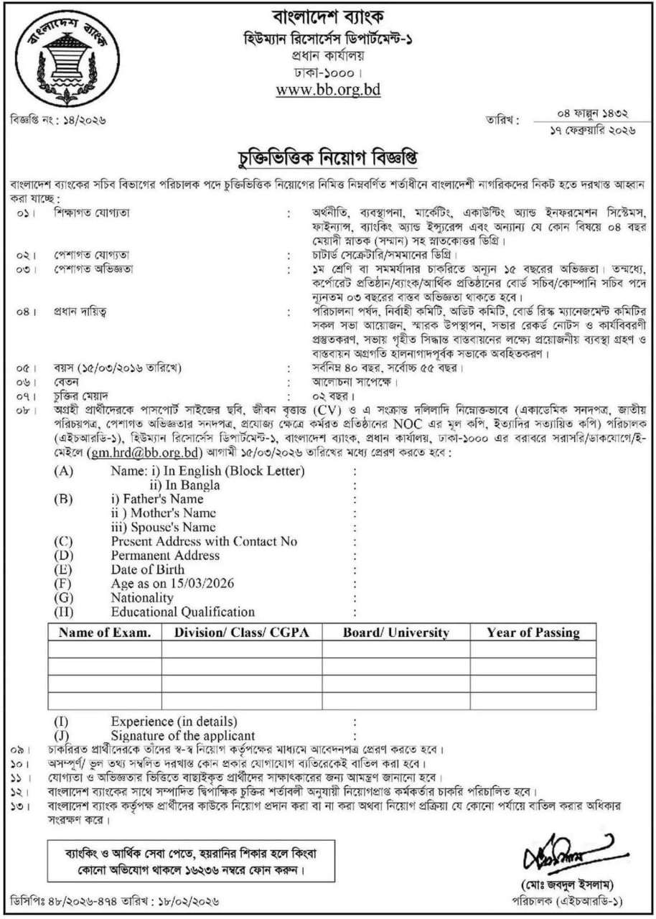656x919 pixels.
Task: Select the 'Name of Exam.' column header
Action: tap(105, 633)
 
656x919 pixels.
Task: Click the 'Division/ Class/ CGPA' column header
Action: tap(241, 633)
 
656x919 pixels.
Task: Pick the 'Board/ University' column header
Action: tap(395, 633)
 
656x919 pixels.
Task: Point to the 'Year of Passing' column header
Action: tap(533, 633)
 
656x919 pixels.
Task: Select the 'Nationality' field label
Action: tap(142, 597)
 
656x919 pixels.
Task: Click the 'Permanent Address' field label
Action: tap(165, 556)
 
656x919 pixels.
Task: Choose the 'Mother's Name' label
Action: tap(163, 513)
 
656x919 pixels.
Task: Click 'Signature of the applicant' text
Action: tap(182, 735)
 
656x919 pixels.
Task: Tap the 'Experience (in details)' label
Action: tap(174, 721)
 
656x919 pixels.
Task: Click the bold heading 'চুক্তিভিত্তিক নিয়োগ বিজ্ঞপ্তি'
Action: tap(327, 155)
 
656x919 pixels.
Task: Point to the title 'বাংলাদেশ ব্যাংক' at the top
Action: tap(328, 15)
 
